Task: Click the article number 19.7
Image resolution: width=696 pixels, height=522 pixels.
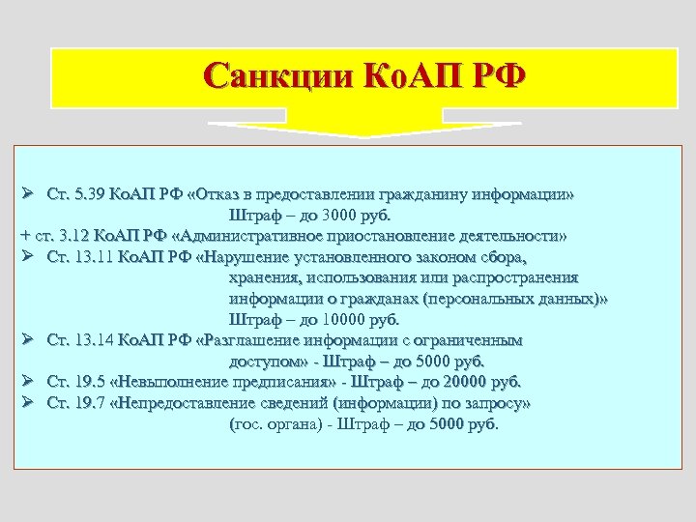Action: (x=87, y=403)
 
